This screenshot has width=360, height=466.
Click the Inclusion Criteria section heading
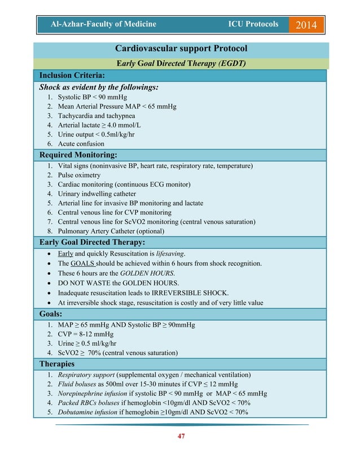click(72, 75)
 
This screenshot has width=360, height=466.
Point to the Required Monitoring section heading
click(78, 155)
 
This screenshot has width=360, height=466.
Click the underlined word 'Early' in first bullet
click(65, 254)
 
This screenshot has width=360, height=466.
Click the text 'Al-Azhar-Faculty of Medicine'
click(103, 24)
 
